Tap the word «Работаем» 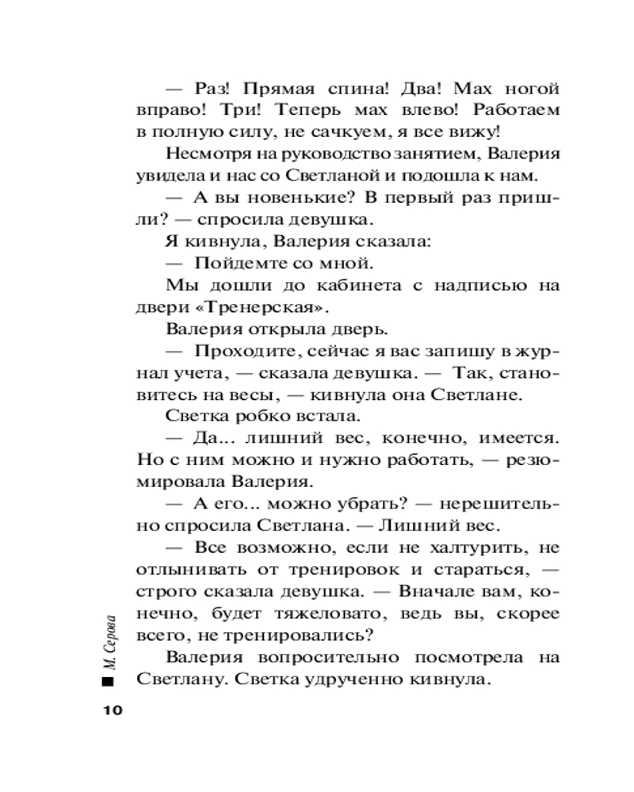[515, 112]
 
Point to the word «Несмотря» [203, 155]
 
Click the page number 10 [109, 710]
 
